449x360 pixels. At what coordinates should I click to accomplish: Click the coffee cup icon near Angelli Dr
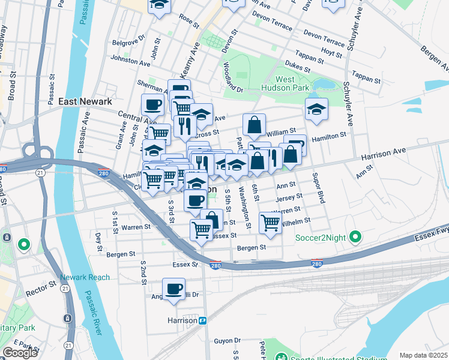click(175, 289)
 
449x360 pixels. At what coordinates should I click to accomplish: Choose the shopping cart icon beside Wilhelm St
click(271, 223)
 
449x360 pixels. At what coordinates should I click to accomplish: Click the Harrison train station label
click(182, 320)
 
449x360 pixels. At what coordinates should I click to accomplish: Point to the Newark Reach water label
click(85, 277)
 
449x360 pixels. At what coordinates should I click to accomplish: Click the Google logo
click(20, 353)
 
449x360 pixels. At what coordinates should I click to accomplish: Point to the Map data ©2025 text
click(423, 355)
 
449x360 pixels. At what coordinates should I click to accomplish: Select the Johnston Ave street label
click(129, 61)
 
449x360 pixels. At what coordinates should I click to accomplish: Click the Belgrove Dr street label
click(128, 43)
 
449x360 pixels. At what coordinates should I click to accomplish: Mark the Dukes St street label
click(297, 68)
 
